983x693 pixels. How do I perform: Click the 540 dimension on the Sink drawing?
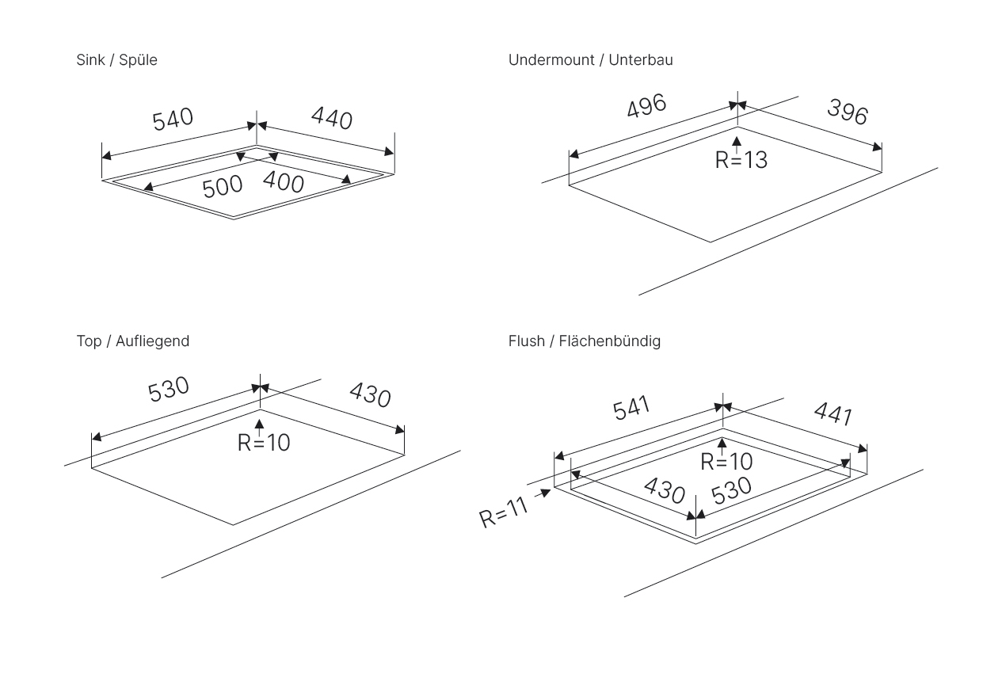point(172,120)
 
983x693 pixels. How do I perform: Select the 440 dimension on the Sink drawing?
point(331,119)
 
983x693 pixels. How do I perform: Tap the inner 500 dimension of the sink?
point(223,188)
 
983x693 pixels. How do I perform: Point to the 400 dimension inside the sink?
point(283,182)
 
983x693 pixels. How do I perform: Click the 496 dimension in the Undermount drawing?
point(646,106)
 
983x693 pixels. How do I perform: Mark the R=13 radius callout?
point(741,160)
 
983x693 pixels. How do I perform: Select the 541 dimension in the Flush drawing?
point(631,409)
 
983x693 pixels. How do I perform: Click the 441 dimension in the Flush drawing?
point(833,414)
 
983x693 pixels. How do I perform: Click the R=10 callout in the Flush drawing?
point(726,463)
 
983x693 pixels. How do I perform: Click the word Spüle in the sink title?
point(138,60)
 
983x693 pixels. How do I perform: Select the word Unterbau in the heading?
point(641,60)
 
